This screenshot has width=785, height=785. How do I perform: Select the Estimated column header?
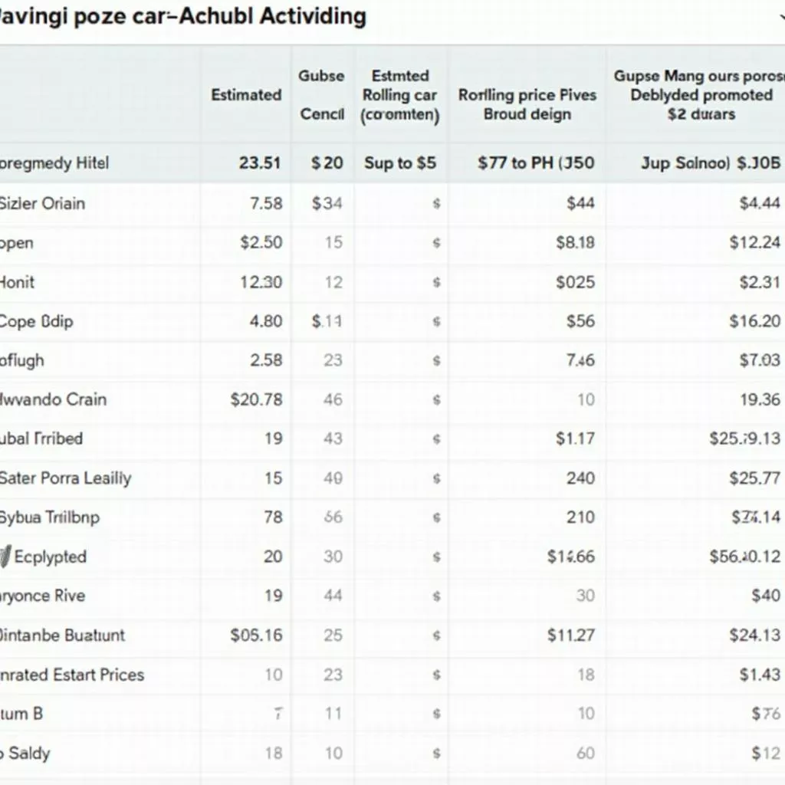click(x=246, y=95)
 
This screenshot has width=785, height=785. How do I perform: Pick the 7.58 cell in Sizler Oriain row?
click(x=266, y=203)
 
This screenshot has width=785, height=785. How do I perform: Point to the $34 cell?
click(x=327, y=203)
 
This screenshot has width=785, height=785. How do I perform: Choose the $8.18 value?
click(x=575, y=242)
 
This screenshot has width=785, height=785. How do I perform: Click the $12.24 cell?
click(x=754, y=242)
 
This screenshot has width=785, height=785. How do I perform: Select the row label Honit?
click(x=18, y=281)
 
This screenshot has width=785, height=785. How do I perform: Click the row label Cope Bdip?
click(x=37, y=321)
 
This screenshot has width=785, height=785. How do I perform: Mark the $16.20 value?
click(x=754, y=321)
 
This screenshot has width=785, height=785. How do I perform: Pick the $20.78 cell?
click(x=256, y=399)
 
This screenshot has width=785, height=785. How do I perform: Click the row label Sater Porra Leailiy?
click(x=66, y=478)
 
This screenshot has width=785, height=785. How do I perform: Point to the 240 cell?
click(x=580, y=478)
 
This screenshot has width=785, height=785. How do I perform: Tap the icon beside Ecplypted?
click(x=6, y=557)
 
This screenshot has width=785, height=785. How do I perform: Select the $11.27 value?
click(x=570, y=635)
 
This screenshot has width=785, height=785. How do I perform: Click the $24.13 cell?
click(x=754, y=635)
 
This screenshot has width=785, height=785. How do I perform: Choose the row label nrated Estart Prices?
click(x=72, y=675)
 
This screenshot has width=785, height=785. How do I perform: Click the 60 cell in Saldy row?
click(x=586, y=753)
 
